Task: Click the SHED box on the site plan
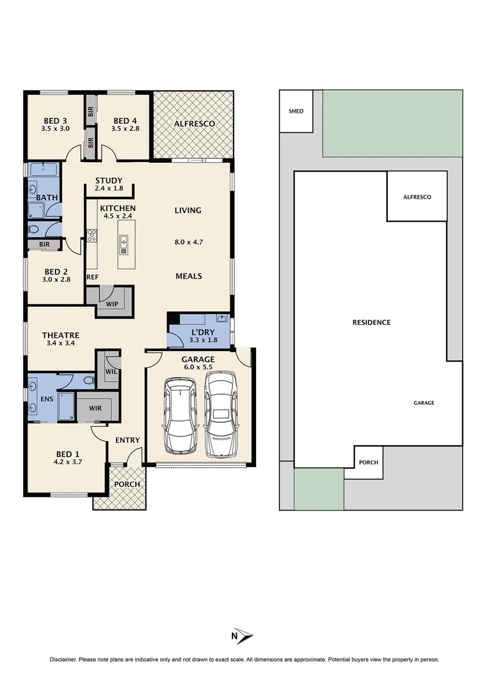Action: click(x=296, y=111)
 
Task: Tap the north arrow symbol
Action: click(x=244, y=636)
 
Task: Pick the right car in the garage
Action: click(x=221, y=415)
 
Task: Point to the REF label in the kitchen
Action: click(x=92, y=277)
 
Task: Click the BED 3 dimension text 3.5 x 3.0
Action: click(x=56, y=129)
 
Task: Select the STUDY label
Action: click(x=109, y=181)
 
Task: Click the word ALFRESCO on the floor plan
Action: click(x=195, y=123)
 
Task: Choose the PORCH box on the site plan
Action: click(x=368, y=463)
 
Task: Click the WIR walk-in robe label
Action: click(x=95, y=408)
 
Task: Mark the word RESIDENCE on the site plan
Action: click(x=371, y=322)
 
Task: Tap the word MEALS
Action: click(x=189, y=276)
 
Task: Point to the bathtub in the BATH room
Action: click(x=43, y=170)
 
